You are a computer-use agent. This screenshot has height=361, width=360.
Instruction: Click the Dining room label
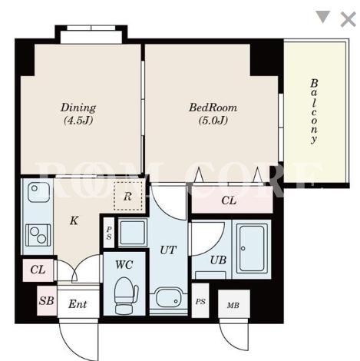pyautogui.click(x=78, y=108)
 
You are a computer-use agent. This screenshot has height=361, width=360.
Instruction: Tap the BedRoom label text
pyautogui.click(x=213, y=108)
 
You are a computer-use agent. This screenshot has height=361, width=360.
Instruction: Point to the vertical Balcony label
pyautogui.click(x=314, y=111)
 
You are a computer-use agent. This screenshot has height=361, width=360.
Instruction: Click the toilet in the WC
pyautogui.click(x=126, y=296)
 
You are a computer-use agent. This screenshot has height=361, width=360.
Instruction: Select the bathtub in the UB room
pyautogui.click(x=252, y=248)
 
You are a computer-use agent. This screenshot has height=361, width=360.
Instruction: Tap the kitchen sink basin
pyautogui.click(x=38, y=193)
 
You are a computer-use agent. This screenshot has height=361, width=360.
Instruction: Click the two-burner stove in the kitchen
pyautogui.click(x=38, y=235)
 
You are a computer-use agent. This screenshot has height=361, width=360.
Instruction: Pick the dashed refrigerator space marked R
pyautogui.click(x=128, y=197)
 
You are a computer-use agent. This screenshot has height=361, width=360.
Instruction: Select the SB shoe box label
pyautogui.click(x=47, y=300)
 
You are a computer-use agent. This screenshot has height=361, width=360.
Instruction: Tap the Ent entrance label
pyautogui.click(x=78, y=304)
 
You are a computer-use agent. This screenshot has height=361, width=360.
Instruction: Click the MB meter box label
pyautogui.click(x=233, y=305)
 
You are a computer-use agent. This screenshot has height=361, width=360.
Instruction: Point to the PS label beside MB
pyautogui.click(x=200, y=302)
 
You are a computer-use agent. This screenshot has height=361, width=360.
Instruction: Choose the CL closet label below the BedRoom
pyautogui.click(x=229, y=200)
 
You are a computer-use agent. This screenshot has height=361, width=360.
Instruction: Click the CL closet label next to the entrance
pyautogui.click(x=38, y=270)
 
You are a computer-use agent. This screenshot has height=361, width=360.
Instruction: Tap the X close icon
pyautogui.click(x=348, y=19)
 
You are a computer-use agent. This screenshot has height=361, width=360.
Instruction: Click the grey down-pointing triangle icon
pyautogui.click(x=323, y=17)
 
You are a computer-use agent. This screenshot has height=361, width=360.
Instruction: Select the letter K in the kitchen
pyautogui.click(x=74, y=220)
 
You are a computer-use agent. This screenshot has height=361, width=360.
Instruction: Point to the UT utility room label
pyautogui.click(x=168, y=250)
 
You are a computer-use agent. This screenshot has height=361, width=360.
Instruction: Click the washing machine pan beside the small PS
pyautogui.click(x=133, y=233)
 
